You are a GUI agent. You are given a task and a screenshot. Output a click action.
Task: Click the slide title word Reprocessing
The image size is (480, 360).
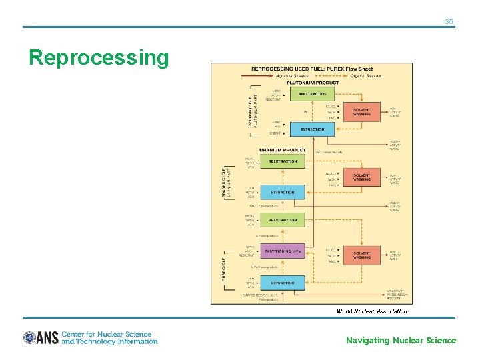tap(99, 58)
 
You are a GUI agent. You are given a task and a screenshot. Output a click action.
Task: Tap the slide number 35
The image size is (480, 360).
tap(449, 22)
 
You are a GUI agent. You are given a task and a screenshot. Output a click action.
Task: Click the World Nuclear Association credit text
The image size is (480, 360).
tap(371, 311)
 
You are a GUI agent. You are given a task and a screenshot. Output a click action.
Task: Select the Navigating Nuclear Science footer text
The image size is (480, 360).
tap(401, 341)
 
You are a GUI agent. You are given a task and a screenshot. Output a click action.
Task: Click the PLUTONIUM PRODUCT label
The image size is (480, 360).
tap(312, 83)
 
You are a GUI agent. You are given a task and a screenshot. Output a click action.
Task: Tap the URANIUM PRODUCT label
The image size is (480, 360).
tap(282, 150)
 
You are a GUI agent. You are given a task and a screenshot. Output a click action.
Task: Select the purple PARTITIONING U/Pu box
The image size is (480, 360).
tap(283, 251)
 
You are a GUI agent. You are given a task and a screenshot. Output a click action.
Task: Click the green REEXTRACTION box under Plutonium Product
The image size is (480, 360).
tap(311, 95)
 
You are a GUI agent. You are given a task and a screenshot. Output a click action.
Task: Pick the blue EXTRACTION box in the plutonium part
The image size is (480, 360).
tap(311, 129)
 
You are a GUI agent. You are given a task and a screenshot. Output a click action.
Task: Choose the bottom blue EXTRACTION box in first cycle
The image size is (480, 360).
tap(283, 283)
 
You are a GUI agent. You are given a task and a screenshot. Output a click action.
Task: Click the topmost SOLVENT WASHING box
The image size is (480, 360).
tap(362, 112)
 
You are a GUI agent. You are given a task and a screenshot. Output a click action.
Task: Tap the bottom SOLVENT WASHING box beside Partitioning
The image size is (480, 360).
tap(362, 255)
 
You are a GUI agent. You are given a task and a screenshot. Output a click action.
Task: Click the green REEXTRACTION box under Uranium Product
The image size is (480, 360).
tap(283, 161)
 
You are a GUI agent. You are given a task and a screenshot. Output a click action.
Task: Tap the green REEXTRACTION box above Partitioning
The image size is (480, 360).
tap(283, 220)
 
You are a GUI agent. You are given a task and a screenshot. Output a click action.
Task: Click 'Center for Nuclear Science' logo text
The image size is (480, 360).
tap(107, 334)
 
